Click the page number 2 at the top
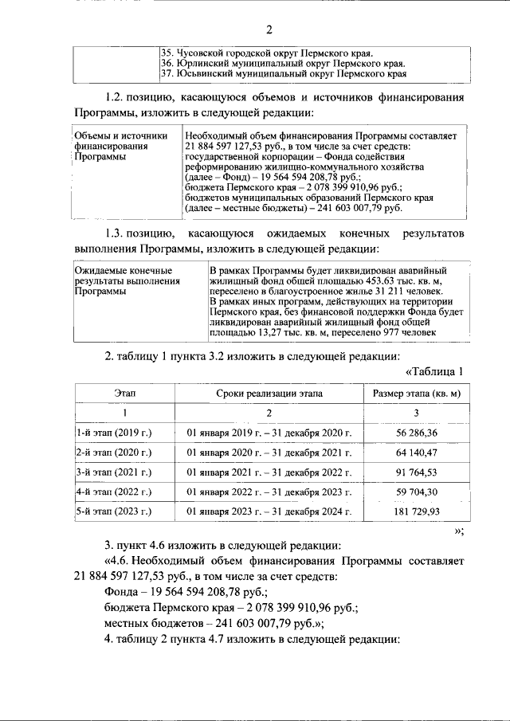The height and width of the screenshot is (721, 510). (x=269, y=30)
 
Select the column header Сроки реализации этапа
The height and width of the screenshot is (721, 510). (x=269, y=394)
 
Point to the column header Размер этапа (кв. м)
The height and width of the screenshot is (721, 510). (x=416, y=394)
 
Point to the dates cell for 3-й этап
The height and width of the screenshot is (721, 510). (x=269, y=472)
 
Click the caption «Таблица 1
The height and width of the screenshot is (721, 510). (x=433, y=372)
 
